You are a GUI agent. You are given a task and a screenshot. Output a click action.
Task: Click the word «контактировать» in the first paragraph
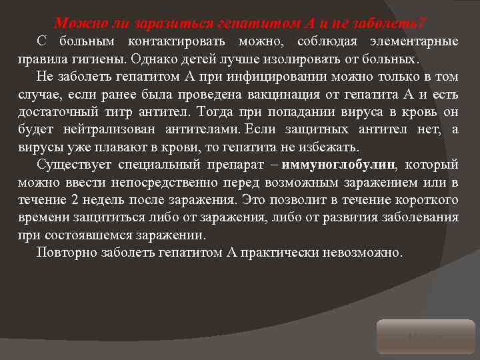[x=169, y=43]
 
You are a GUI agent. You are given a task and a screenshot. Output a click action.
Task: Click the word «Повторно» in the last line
[x=67, y=253]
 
